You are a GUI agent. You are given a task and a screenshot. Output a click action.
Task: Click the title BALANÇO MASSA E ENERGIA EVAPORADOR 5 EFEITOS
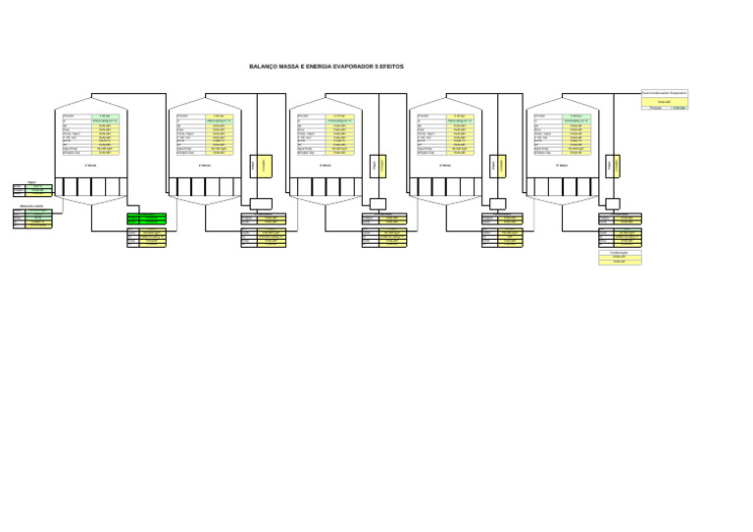coord(326,67)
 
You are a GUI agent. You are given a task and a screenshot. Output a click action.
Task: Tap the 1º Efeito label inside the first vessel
coord(91,166)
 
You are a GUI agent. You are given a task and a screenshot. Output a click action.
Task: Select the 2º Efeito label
coord(205,166)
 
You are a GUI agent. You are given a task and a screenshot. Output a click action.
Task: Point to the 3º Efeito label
coord(326,166)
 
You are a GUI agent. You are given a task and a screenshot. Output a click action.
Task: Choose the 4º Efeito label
coord(445,166)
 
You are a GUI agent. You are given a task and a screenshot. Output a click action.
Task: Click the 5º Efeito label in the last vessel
coord(563,166)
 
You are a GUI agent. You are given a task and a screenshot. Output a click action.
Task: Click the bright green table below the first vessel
coord(146,218)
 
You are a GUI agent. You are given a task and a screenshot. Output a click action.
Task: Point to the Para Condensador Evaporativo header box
coord(665,93)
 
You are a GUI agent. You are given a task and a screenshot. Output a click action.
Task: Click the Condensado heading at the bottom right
coord(619,252)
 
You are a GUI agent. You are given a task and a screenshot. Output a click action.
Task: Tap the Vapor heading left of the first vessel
coord(31,182)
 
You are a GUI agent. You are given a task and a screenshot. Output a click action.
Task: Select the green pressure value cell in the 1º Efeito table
coord(105,116)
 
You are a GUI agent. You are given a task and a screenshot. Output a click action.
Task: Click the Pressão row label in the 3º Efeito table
coord(304,116)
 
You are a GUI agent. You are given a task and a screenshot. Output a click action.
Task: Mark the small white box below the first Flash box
coord(261,204)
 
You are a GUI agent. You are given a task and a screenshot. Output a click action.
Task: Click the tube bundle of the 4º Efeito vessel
coord(445,186)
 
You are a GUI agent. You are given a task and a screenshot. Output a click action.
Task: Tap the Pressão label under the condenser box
coord(656,108)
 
